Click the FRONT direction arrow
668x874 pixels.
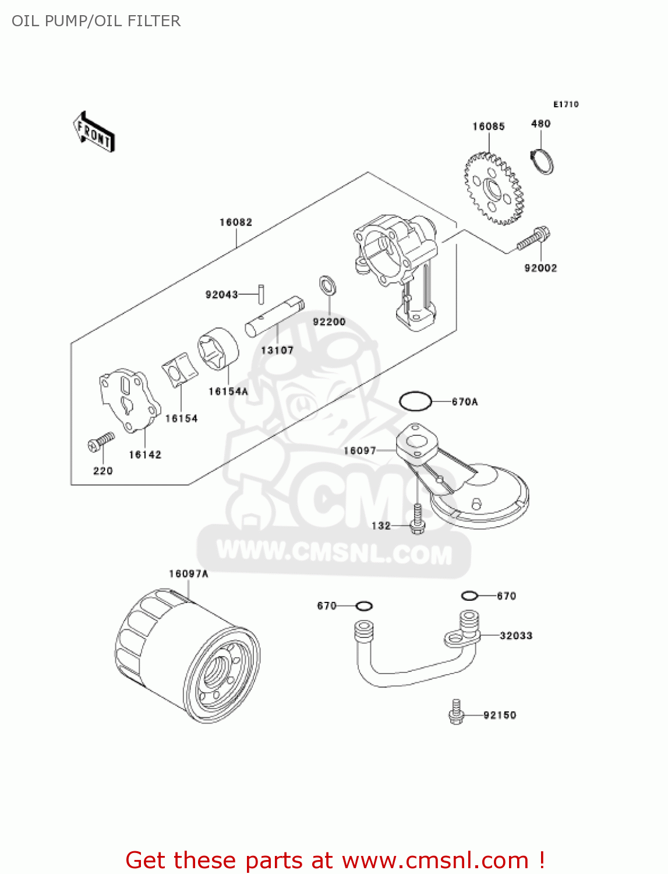click(x=94, y=132)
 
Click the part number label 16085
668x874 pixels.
click(x=488, y=126)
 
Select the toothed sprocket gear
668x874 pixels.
click(x=494, y=189)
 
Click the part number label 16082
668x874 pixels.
click(x=235, y=223)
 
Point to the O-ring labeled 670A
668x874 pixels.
click(x=415, y=401)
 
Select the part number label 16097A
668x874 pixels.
click(x=188, y=574)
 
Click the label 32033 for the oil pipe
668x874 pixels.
click(x=515, y=636)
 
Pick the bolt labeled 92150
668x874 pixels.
click(x=456, y=712)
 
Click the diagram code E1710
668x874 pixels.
click(x=565, y=104)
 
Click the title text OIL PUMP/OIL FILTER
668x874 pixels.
click(x=96, y=21)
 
